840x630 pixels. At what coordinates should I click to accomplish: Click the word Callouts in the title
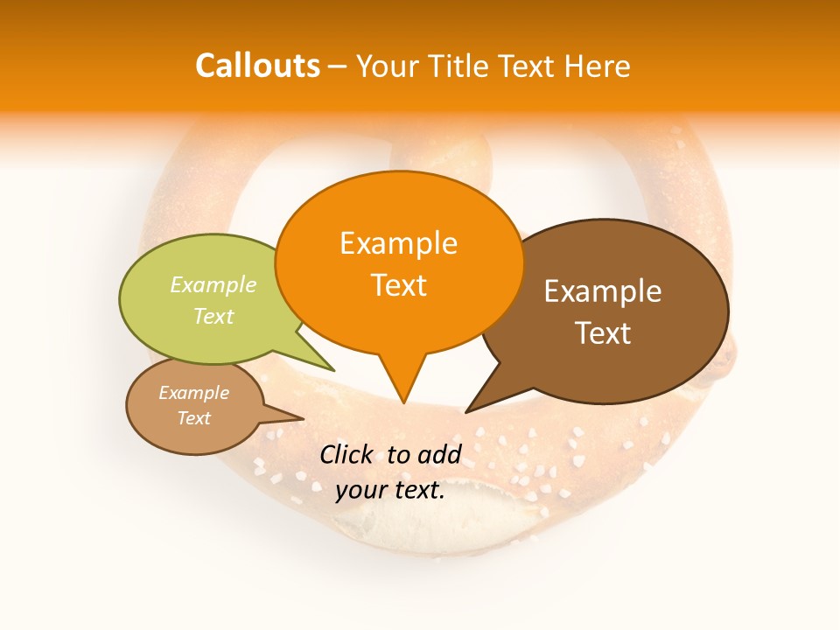(257, 66)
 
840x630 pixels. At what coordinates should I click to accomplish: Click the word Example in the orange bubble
(398, 243)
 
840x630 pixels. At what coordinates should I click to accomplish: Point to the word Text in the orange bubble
(398, 285)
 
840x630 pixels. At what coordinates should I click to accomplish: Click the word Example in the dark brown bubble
(602, 291)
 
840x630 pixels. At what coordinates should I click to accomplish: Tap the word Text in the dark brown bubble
(602, 333)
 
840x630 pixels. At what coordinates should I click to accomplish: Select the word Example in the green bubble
(213, 285)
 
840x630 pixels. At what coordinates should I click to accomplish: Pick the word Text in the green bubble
(213, 316)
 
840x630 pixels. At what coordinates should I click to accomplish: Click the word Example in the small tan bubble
(193, 393)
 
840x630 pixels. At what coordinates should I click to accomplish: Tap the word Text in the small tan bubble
(193, 418)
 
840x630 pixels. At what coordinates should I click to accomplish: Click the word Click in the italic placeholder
(346, 454)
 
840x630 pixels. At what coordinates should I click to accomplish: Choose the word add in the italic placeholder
(438, 454)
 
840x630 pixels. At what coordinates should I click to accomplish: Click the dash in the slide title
(338, 66)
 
